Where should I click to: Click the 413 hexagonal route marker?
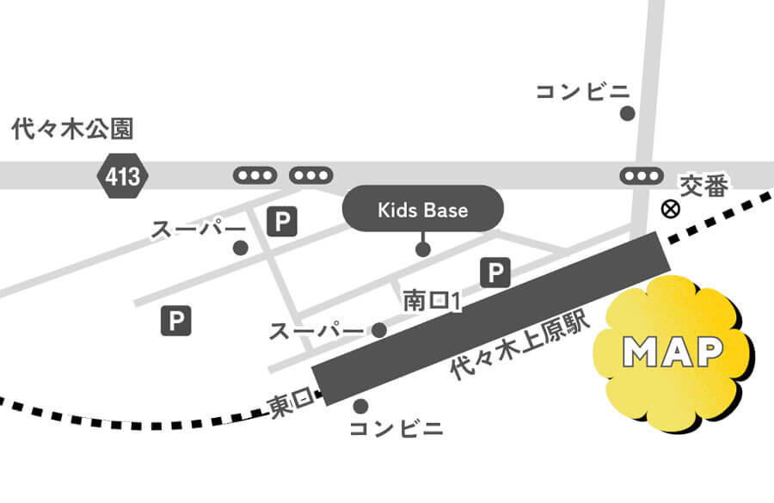[122, 176]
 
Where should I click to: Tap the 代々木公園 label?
[73, 130]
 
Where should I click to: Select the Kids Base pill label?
[422, 209]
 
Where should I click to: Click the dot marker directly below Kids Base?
[422, 249]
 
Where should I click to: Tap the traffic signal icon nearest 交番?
[641, 175]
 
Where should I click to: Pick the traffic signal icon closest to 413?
[255, 175]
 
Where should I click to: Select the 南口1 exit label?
[433, 302]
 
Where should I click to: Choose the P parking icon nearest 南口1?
[494, 273]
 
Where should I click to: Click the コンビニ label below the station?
[396, 428]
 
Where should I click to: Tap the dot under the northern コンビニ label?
[628, 113]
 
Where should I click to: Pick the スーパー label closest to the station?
[316, 331]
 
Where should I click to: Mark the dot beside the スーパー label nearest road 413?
[241, 248]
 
